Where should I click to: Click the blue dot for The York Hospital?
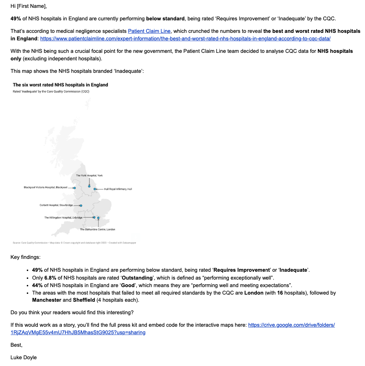pyautogui.click(x=89, y=186)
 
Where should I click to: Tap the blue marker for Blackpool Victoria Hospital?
pyautogui.click(x=74, y=188)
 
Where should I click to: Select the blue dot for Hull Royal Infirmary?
pyautogui.click(x=95, y=189)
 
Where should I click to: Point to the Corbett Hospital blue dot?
pyautogui.click(x=81, y=206)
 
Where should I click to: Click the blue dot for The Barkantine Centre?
pyautogui.click(x=98, y=218)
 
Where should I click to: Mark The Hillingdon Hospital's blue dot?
pyautogui.click(x=94, y=217)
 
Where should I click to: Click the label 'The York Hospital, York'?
pyautogui.click(x=89, y=175)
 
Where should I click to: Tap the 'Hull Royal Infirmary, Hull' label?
pyautogui.click(x=118, y=189)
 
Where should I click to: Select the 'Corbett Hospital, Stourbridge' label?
pyautogui.click(x=56, y=205)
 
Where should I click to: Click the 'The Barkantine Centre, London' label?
pyautogui.click(x=97, y=229)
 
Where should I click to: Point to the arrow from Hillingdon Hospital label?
pyautogui.click(x=88, y=217)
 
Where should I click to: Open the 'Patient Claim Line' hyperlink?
pyautogui.click(x=149, y=31)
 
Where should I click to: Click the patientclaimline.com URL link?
pyautogui.click(x=185, y=39)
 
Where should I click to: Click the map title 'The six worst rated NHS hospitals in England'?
pyautogui.click(x=60, y=85)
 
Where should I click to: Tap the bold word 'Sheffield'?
pyautogui.click(x=84, y=300)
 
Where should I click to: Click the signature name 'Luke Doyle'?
pyautogui.click(x=24, y=357)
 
